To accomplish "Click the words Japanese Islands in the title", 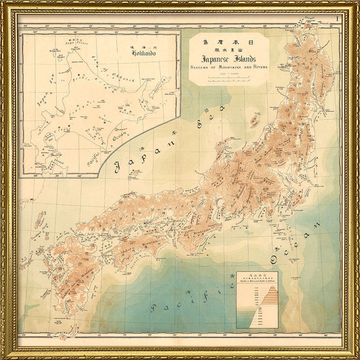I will pos(228,59).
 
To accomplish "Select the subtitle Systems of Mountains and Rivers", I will pos(229,67).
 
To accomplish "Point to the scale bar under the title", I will pos(229,79).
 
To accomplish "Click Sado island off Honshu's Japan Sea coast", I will pos(255,120).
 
